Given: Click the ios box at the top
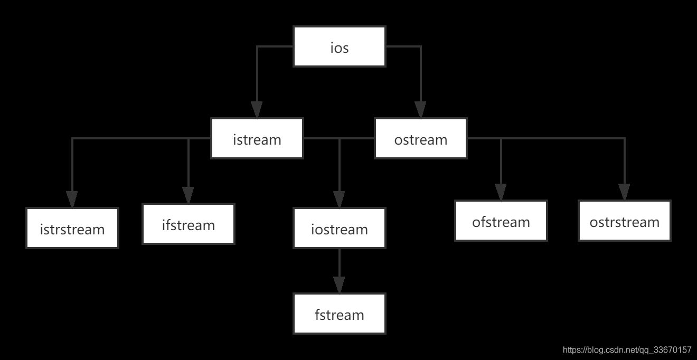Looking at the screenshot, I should [x=340, y=48].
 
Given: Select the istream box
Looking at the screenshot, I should [x=257, y=139].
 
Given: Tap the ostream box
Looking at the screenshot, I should [x=421, y=139].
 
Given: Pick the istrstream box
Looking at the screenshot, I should [x=72, y=229].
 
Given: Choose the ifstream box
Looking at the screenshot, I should [x=189, y=224].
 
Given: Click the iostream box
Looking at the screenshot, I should [x=340, y=229].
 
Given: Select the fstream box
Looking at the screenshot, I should [x=340, y=314].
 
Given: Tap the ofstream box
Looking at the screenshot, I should [x=501, y=221].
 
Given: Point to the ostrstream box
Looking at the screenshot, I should [x=625, y=221].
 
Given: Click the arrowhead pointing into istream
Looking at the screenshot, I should [x=257, y=110].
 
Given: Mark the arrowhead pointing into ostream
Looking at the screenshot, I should [x=421, y=110].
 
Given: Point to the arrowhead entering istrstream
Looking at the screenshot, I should [x=72, y=199].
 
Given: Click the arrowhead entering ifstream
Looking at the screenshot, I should [x=189, y=195].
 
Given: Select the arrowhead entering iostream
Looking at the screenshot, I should [x=340, y=199].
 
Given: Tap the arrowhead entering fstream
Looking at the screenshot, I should [x=340, y=285].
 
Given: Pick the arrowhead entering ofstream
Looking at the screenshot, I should [x=501, y=192].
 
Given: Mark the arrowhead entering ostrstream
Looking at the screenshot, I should [x=625, y=192].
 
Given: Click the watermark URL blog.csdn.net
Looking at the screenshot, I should [x=627, y=350].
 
